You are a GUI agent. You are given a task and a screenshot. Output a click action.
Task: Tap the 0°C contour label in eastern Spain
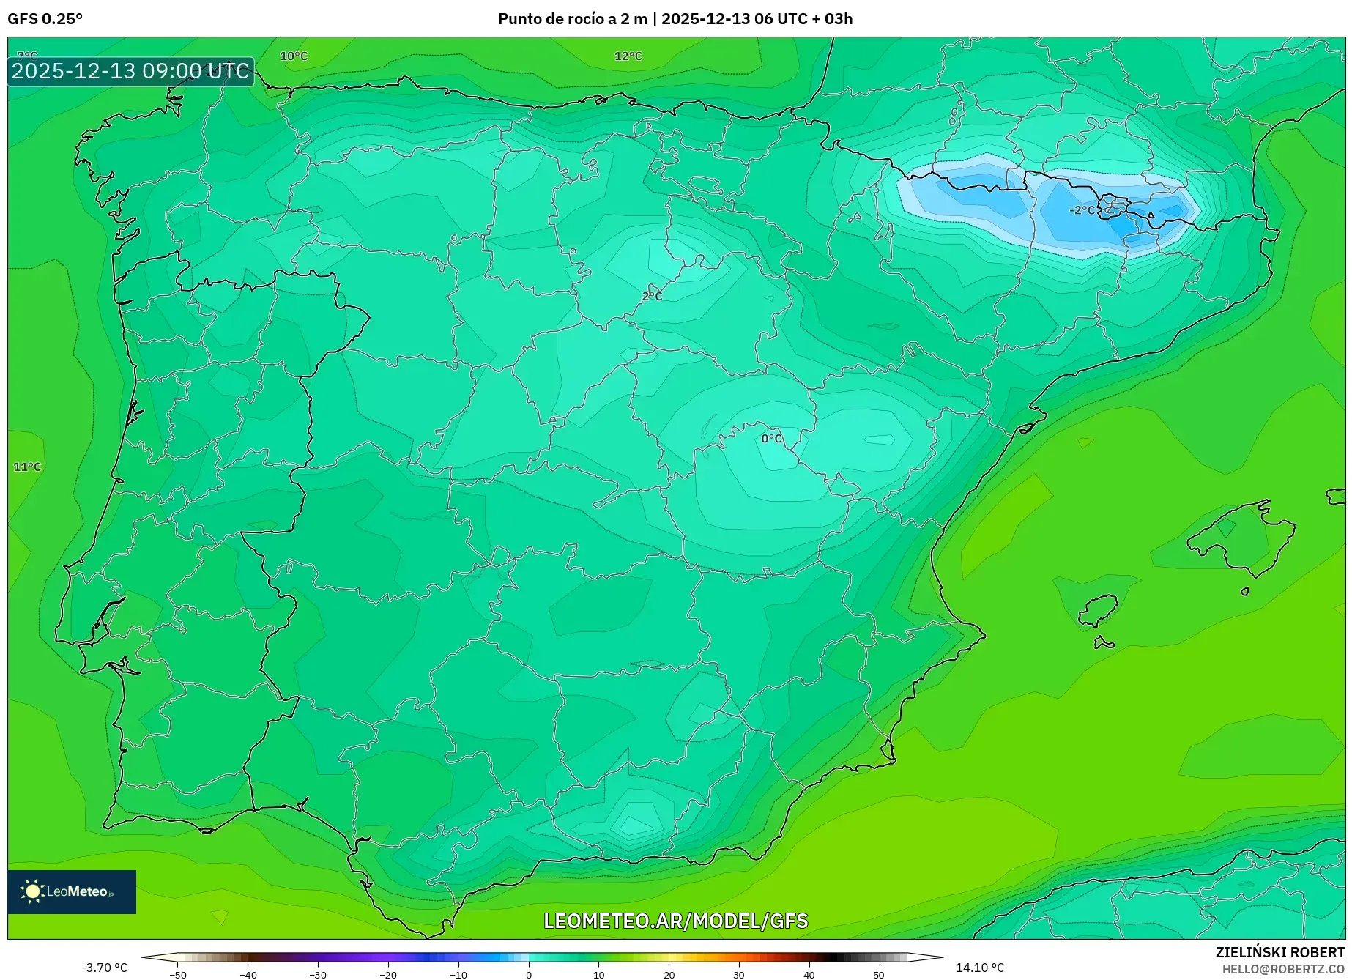[x=771, y=439]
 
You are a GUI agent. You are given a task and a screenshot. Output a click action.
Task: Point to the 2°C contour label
[x=651, y=297]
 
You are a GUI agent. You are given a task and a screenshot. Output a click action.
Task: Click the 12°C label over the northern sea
[x=628, y=56]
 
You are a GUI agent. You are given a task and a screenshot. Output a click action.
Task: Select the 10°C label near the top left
[x=294, y=56]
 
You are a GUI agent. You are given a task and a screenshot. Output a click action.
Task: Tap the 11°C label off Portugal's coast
[x=27, y=467]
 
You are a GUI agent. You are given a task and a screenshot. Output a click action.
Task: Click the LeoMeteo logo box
[x=72, y=891]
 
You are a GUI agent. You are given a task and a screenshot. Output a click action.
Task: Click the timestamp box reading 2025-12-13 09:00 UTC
[x=130, y=71]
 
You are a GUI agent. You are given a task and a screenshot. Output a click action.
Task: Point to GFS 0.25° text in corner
[x=45, y=19]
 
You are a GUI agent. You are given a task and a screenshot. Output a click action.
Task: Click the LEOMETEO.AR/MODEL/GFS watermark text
[x=675, y=921]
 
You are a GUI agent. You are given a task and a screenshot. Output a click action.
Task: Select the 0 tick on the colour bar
[x=529, y=974]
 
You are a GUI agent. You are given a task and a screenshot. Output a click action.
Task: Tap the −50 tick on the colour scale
[x=178, y=974]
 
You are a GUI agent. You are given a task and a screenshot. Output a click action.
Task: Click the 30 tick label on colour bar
[x=738, y=974]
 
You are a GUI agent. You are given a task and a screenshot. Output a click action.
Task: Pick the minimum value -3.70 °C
[x=104, y=968]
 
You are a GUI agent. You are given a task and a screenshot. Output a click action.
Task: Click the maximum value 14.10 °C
[x=979, y=968]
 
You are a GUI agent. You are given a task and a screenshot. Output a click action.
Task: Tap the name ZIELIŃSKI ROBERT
[x=1279, y=952]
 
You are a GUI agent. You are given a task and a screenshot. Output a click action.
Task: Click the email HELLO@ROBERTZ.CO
[x=1282, y=969]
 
